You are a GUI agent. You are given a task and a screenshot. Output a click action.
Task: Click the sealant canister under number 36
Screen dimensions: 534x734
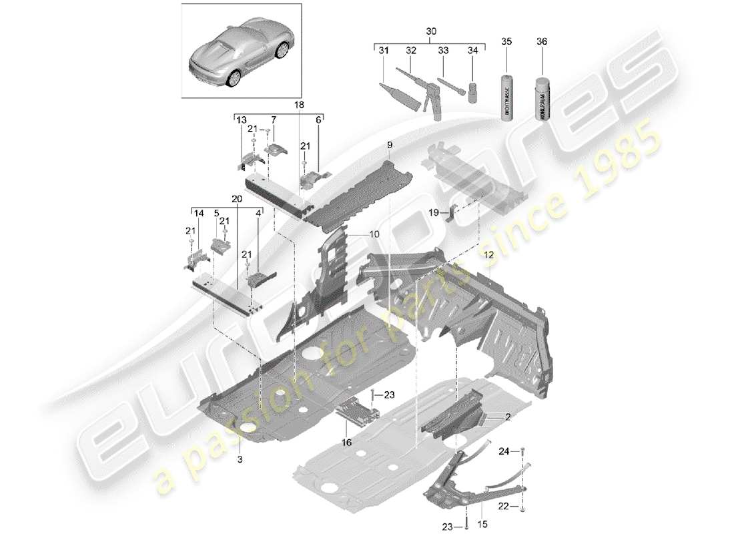pos(541,98)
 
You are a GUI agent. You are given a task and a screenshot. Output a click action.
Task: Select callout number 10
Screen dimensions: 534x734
pos(372,234)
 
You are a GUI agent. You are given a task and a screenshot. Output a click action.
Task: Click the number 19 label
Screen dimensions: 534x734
pos(432,213)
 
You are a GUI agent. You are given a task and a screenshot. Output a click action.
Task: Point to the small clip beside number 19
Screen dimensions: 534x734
pos(451,214)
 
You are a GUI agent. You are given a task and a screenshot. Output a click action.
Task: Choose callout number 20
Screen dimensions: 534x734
pos(236,198)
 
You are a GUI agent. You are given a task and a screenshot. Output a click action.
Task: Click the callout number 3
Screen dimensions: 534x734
pos(241,460)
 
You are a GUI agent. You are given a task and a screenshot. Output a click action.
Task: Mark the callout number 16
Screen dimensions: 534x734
pos(345,442)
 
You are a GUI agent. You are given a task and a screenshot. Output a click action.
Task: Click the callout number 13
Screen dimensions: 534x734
pos(242,119)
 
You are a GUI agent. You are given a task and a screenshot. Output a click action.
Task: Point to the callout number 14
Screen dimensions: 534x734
pos(198,214)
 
